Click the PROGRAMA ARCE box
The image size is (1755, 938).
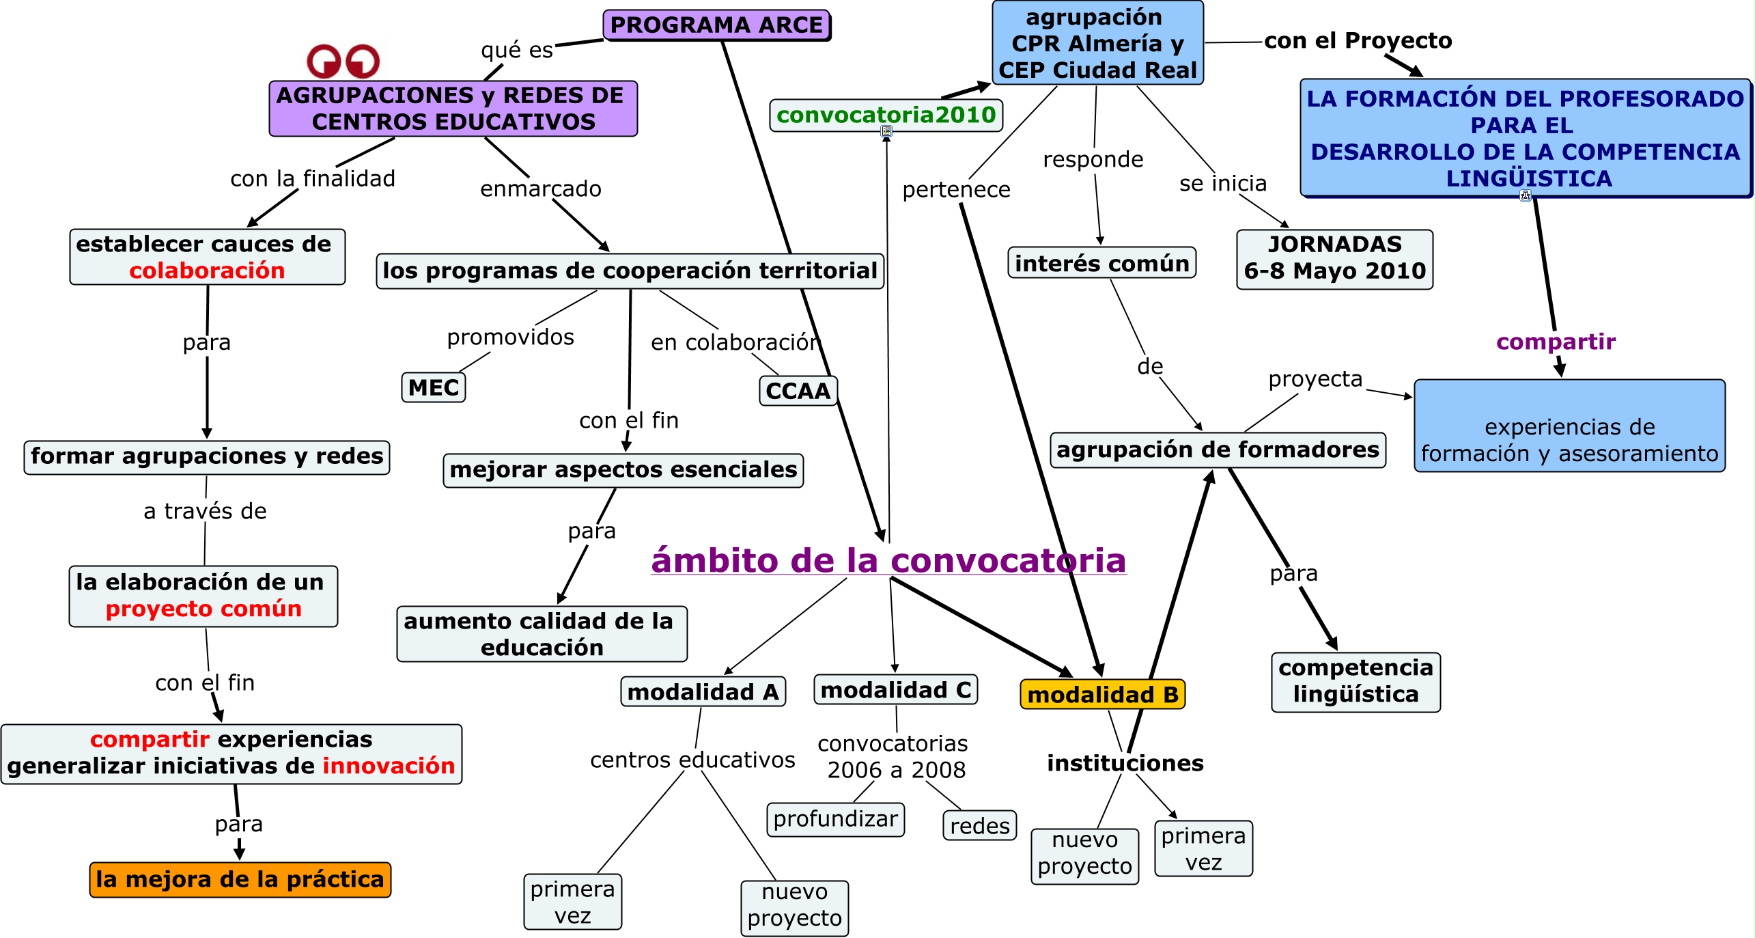tap(716, 25)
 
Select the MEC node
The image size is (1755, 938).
tap(434, 387)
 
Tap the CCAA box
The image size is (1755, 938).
tap(798, 391)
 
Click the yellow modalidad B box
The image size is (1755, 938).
tap(1102, 695)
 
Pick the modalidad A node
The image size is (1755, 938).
tap(703, 692)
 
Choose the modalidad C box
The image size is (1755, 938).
tap(895, 690)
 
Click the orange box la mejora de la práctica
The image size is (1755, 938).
tap(240, 879)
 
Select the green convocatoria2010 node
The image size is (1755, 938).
tap(886, 115)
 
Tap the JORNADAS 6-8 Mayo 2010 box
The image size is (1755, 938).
tap(1334, 258)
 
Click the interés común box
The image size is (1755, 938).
tap(1101, 263)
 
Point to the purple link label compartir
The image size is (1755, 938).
tap(1556, 342)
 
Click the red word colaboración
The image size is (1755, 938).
tap(207, 271)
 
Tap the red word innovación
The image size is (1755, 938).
tap(389, 766)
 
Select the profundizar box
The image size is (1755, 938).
tap(835, 819)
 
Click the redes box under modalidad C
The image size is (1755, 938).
tap(979, 826)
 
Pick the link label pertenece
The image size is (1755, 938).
tap(956, 190)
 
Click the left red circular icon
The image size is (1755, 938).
tap(324, 61)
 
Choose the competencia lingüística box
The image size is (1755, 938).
tap(1356, 681)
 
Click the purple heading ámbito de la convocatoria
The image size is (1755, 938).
tap(888, 561)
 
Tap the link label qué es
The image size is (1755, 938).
tap(517, 50)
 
